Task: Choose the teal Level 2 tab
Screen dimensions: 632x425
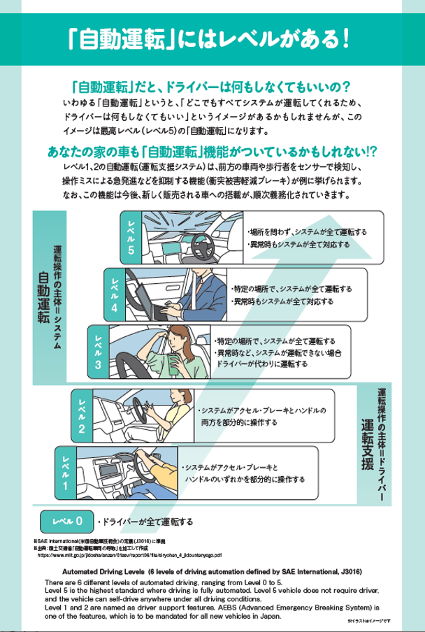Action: [x=82, y=415]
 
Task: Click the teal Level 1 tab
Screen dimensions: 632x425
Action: [x=66, y=472]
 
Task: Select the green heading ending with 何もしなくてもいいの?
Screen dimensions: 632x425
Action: [x=210, y=87]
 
